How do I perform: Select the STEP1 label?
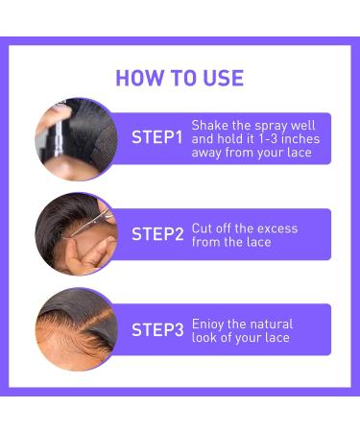[x=156, y=137]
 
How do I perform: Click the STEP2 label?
[x=156, y=233]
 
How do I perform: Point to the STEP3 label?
[x=156, y=329]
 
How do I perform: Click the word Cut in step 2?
[x=203, y=228]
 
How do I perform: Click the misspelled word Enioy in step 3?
[x=208, y=324]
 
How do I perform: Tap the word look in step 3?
[x=205, y=338]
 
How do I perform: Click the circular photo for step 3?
[x=76, y=329]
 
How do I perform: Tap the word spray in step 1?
[x=278, y=125]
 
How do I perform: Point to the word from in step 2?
[x=206, y=242]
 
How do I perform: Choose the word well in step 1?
[x=312, y=125]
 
